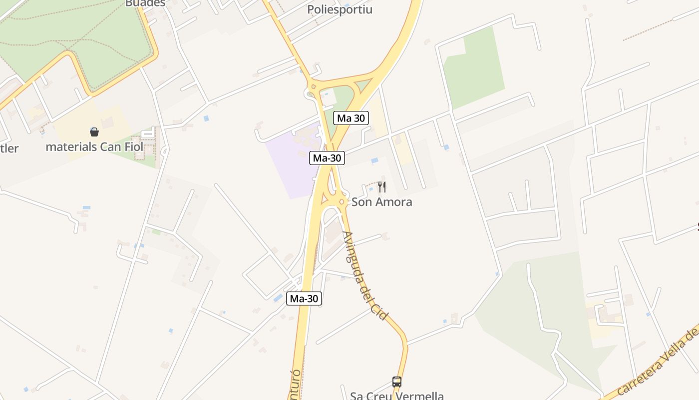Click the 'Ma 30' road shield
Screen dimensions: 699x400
coord(351,118)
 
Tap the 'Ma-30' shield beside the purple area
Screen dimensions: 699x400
coord(327,158)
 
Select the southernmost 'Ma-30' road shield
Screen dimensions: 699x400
coord(304,298)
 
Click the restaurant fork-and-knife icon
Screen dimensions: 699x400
coord(382,187)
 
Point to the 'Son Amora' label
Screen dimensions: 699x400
coord(382,202)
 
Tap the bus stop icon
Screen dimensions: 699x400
coord(397,382)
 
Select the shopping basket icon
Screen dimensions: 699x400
coord(94,132)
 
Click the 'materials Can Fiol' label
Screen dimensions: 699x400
coord(94,147)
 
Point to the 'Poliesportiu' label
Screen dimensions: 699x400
coord(340,9)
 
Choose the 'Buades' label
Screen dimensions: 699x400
coord(145,3)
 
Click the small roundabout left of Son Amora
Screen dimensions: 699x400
coord(342,201)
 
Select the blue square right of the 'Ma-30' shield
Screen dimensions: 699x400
coord(374,160)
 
